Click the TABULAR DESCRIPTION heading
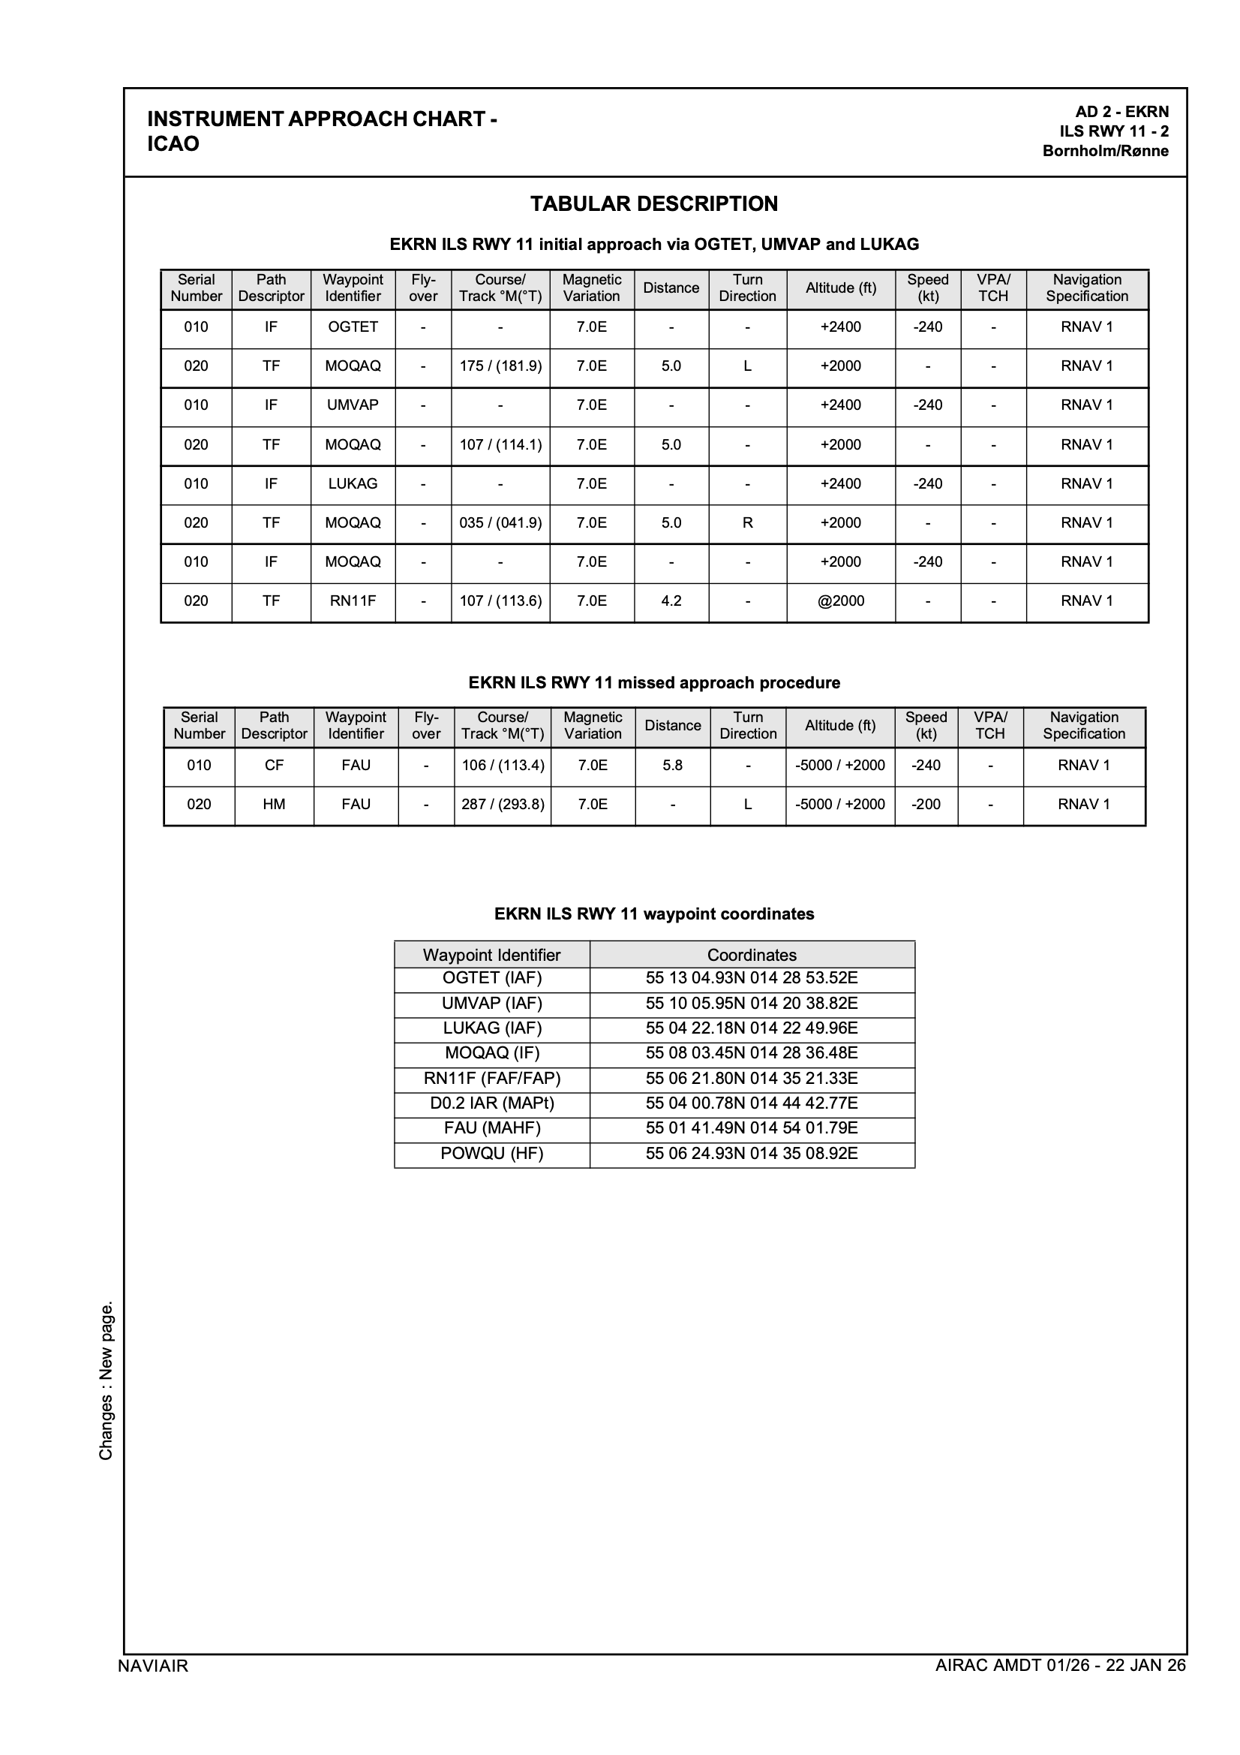(x=654, y=204)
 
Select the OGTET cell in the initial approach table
(x=353, y=327)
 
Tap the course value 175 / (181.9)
(x=500, y=366)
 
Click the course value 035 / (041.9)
(x=500, y=523)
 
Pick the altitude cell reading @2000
(x=840, y=601)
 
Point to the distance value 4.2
(x=671, y=601)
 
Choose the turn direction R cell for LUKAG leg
(x=747, y=523)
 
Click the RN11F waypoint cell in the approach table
(x=353, y=601)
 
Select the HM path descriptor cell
(x=275, y=804)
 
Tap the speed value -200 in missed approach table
(x=926, y=804)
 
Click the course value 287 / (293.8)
(x=503, y=804)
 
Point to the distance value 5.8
(x=672, y=765)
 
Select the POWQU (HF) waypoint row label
(x=492, y=1154)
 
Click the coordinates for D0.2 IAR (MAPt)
(x=752, y=1103)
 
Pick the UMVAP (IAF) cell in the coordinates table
(x=492, y=1003)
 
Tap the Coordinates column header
(x=752, y=955)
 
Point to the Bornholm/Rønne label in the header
(x=1105, y=151)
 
